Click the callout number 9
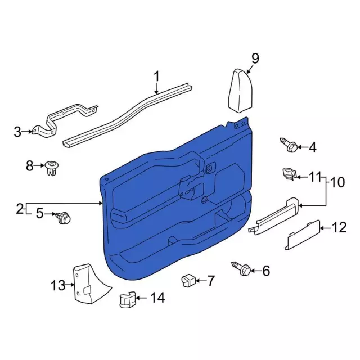tap(255, 58)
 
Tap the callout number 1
tap(156, 76)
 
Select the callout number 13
tap(58, 285)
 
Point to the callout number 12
tap(339, 227)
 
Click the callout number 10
tap(337, 182)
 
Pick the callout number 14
tap(157, 298)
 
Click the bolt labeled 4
tap(289, 145)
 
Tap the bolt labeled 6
tap(241, 268)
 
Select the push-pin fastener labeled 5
tap(63, 218)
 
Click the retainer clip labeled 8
tap(52, 168)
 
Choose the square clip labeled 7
tap(188, 280)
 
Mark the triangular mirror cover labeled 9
tap(241, 91)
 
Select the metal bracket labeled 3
tap(65, 120)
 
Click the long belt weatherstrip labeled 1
tap(128, 114)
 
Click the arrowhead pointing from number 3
tap(31, 132)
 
